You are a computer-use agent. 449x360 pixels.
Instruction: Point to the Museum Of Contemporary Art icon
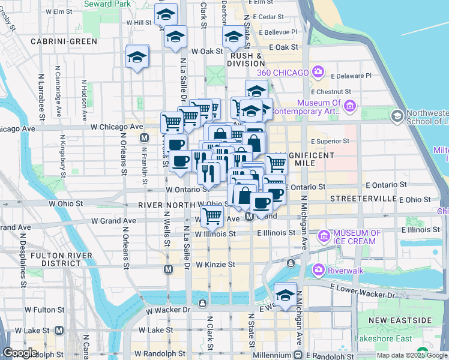coord(351,106)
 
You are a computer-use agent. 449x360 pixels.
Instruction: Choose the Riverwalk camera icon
coord(318,271)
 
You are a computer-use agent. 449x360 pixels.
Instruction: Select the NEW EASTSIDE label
coord(400,320)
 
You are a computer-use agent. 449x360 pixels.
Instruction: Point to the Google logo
coord(20,353)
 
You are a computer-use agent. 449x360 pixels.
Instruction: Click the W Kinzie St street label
coord(214,265)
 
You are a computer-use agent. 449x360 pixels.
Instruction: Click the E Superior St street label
coord(330,142)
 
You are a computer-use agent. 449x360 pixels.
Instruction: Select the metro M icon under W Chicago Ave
coord(144,138)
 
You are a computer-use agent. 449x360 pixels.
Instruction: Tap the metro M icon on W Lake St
coord(59,330)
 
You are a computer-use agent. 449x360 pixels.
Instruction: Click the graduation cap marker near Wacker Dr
coord(285,293)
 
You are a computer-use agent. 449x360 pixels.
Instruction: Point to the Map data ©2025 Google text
coord(412,355)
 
